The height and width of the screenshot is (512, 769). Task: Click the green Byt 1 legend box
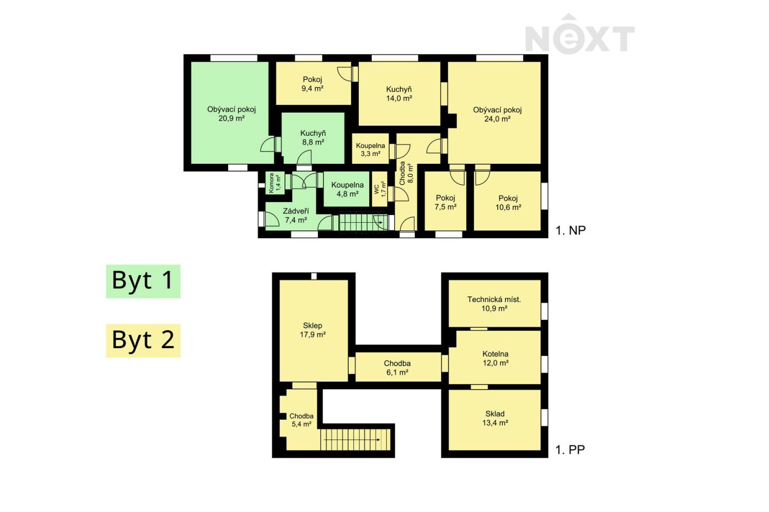pyautogui.click(x=143, y=281)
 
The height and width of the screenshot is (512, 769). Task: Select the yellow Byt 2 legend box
pyautogui.click(x=143, y=340)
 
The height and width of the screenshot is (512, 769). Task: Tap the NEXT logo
pyautogui.click(x=580, y=34)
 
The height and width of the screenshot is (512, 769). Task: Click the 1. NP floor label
pyautogui.click(x=571, y=230)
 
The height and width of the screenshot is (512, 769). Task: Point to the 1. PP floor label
pyautogui.click(x=570, y=450)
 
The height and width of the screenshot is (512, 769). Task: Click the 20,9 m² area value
pyautogui.click(x=231, y=119)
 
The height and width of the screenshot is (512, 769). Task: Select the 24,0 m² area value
pyautogui.click(x=497, y=119)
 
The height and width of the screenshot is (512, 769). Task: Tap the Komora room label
pyautogui.click(x=271, y=183)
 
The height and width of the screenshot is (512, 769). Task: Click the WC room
pyautogui.click(x=380, y=189)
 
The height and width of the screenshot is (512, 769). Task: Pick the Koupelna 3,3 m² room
pyautogui.click(x=371, y=149)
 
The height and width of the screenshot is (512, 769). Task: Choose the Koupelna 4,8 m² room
pyautogui.click(x=347, y=189)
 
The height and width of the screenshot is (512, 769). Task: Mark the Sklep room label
pyautogui.click(x=312, y=326)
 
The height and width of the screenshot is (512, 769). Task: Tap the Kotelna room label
pyautogui.click(x=495, y=354)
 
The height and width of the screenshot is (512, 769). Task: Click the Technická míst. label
pyautogui.click(x=494, y=300)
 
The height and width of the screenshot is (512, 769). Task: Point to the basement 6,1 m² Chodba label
pyautogui.click(x=397, y=363)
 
